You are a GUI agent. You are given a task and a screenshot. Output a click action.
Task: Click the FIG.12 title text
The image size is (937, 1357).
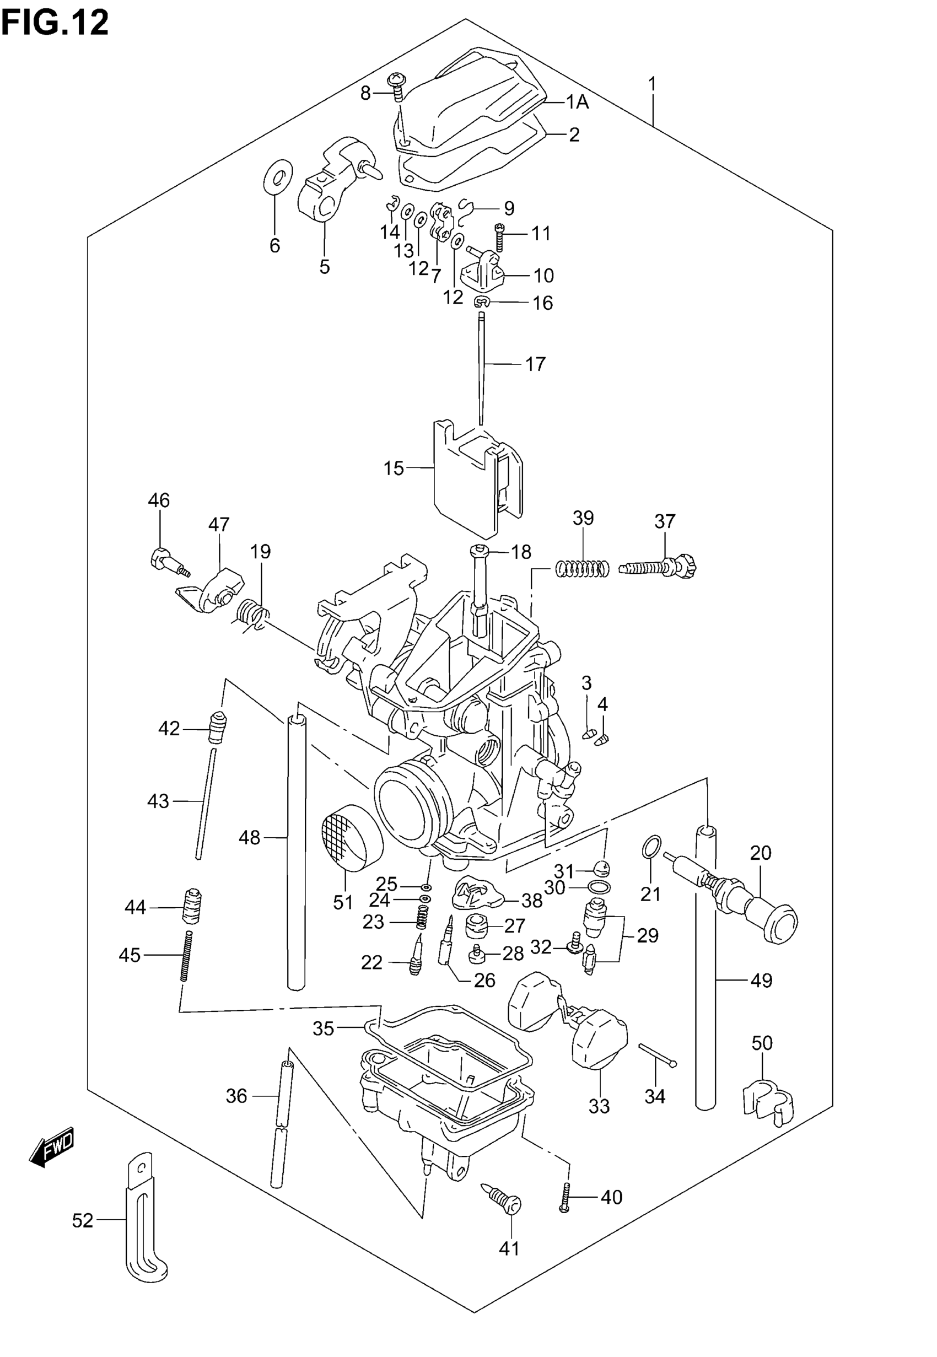pos(55,24)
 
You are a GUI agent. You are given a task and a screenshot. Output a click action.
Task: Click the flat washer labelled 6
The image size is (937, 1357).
pos(278,175)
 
